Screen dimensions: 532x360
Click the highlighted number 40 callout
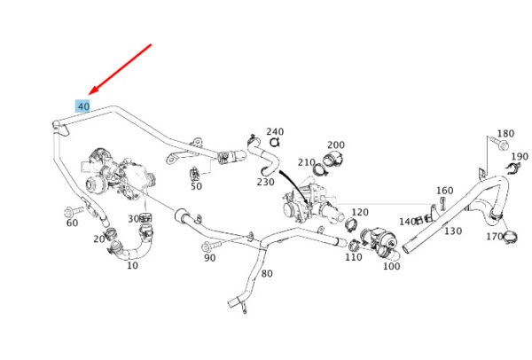point(82,106)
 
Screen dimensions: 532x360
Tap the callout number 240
point(275,131)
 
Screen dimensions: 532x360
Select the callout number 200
point(336,145)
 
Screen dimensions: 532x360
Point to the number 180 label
point(505,133)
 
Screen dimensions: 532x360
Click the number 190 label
point(520,156)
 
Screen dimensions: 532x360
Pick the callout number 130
point(453,231)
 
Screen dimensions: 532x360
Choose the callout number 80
point(267,273)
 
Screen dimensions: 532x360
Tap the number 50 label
point(196,186)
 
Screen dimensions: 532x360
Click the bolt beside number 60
point(74,211)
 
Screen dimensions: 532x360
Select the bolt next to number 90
point(210,246)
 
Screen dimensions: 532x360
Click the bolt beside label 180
point(498,143)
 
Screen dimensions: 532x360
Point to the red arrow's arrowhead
point(93,90)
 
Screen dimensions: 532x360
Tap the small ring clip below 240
point(274,143)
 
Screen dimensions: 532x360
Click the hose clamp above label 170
point(510,237)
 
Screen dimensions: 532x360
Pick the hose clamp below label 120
point(351,224)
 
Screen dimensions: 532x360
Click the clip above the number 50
point(194,174)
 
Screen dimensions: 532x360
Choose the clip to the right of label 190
point(513,168)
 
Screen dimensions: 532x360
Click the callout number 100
point(391,266)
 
